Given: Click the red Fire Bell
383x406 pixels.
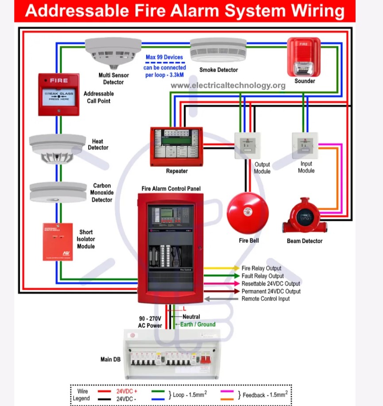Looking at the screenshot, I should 248,213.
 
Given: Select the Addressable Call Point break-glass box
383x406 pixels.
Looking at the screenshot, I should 58,95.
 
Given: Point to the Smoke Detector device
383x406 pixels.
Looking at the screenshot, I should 218,51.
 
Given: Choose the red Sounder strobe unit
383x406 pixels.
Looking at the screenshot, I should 303,57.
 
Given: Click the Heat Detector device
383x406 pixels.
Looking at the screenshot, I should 57,149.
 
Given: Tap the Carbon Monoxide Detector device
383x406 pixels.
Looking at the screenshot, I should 58,192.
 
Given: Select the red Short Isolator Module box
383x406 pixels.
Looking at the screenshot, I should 58,241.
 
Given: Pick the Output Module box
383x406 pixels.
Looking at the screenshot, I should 248,146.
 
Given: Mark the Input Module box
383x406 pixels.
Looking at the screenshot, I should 305,145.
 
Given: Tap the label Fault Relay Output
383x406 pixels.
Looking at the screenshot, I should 263,276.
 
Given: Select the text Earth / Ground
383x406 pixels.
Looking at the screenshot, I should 197,324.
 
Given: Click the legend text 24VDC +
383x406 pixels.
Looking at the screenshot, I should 127,391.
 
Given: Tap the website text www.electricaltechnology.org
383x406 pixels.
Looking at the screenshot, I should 228,85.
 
